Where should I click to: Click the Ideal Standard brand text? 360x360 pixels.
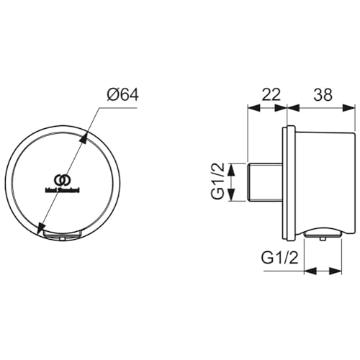pos(63,190)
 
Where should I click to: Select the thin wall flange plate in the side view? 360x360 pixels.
pos(290,184)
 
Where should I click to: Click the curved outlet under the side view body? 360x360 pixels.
pos(321,232)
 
